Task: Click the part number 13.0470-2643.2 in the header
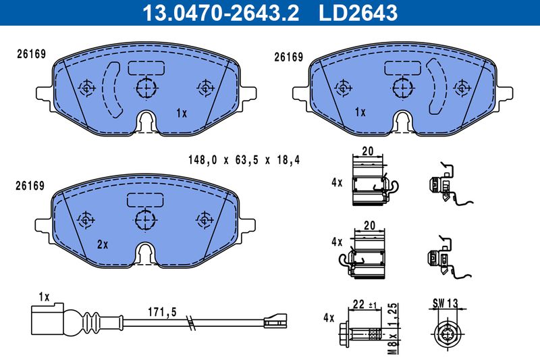(x=221, y=13)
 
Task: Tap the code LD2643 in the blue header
(x=358, y=13)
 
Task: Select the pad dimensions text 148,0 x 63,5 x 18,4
(x=244, y=160)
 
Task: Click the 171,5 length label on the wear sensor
(x=162, y=312)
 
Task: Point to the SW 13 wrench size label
(x=446, y=303)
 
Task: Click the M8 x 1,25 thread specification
(x=394, y=328)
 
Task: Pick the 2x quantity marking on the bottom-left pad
(x=103, y=245)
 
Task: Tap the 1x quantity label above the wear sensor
(x=44, y=297)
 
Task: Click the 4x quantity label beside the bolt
(x=329, y=317)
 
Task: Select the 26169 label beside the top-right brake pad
(x=289, y=57)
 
